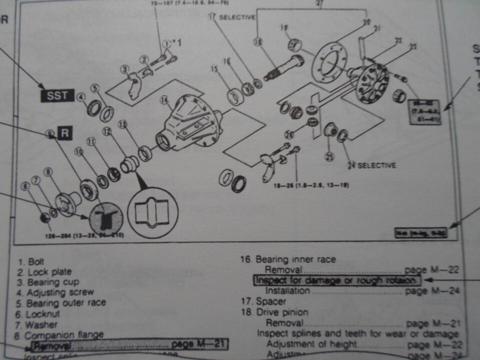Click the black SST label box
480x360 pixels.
point(57,95)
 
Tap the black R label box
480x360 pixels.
point(65,133)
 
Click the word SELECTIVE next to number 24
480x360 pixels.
point(378,165)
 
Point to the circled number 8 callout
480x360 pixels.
point(48,172)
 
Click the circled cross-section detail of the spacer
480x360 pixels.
point(152,212)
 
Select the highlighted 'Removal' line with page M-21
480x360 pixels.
point(129,344)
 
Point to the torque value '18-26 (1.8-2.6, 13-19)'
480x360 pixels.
point(311,185)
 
